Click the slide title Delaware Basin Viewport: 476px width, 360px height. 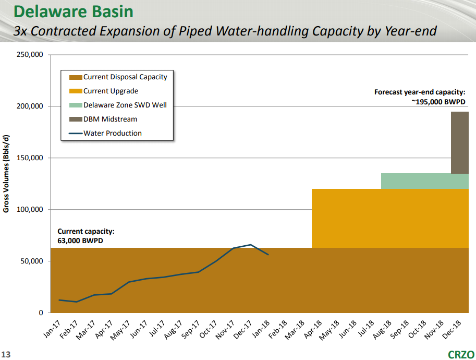pos(73,11)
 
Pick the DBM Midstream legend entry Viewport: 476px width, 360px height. pos(110,119)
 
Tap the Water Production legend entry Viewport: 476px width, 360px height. pos(112,133)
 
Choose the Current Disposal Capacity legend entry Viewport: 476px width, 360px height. pos(125,77)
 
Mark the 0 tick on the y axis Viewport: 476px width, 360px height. pos(41,313)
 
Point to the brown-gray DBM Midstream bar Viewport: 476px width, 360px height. pos(459,142)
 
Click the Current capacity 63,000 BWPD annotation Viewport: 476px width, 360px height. pos(86,236)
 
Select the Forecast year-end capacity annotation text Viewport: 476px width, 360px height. pos(420,97)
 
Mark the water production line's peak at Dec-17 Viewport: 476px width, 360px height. pos(251,245)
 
